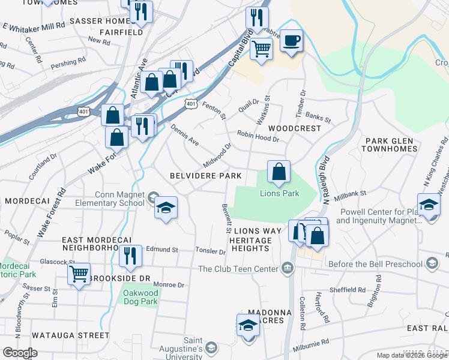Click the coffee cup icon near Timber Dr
291,41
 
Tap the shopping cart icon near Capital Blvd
261,48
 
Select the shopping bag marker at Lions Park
279,172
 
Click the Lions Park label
279,193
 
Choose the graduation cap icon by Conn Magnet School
165,208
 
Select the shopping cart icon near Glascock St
79,274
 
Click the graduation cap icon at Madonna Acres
248,326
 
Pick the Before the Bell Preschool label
382,263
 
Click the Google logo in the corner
20,353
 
